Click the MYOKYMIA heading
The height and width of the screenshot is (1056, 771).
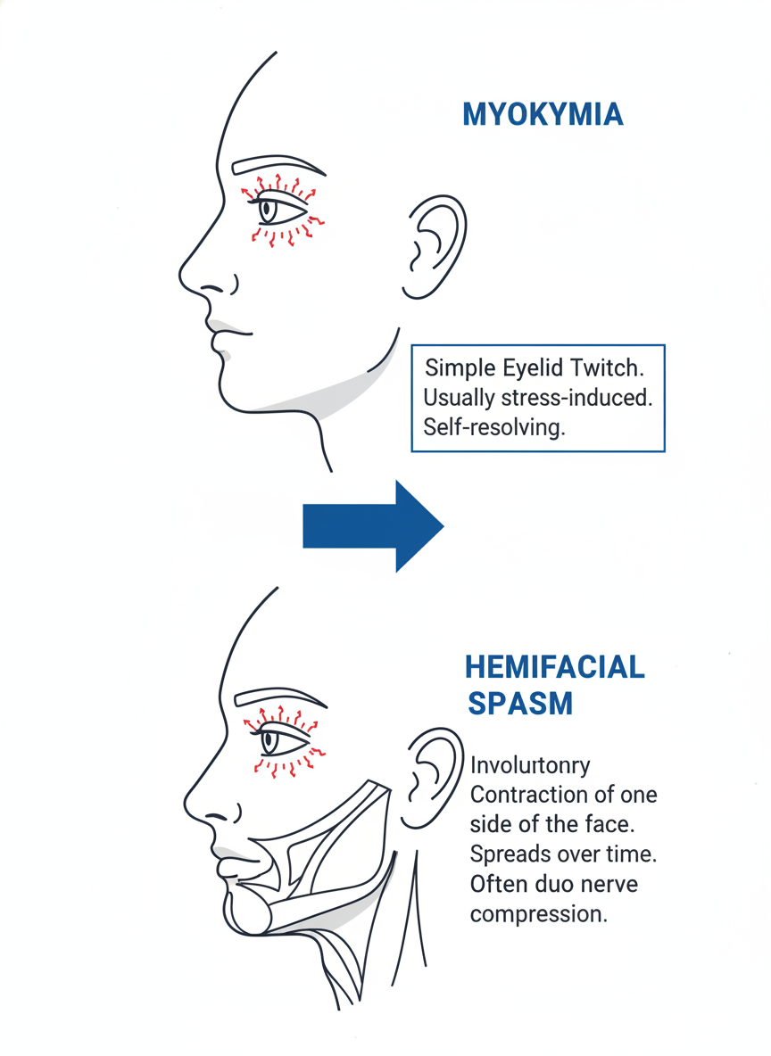pyautogui.click(x=543, y=115)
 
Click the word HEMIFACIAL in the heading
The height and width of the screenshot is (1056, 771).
pyautogui.click(x=554, y=667)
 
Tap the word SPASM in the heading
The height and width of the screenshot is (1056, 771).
pyautogui.click(x=519, y=703)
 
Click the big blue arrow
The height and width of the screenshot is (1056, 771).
pyautogui.click(x=373, y=525)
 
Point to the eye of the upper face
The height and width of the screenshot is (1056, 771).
pyautogui.click(x=283, y=210)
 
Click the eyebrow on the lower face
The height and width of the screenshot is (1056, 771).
pyautogui.click(x=278, y=697)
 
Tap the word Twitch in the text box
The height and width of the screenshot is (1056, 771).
pyautogui.click(x=615, y=368)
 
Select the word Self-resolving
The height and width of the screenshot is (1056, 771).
pyautogui.click(x=494, y=427)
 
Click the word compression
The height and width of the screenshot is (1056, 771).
pyautogui.click(x=538, y=913)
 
